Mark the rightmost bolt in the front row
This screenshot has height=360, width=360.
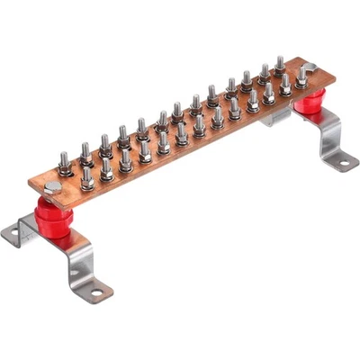285,85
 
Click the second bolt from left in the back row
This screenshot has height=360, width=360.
85,151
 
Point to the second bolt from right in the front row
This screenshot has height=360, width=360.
268,92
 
